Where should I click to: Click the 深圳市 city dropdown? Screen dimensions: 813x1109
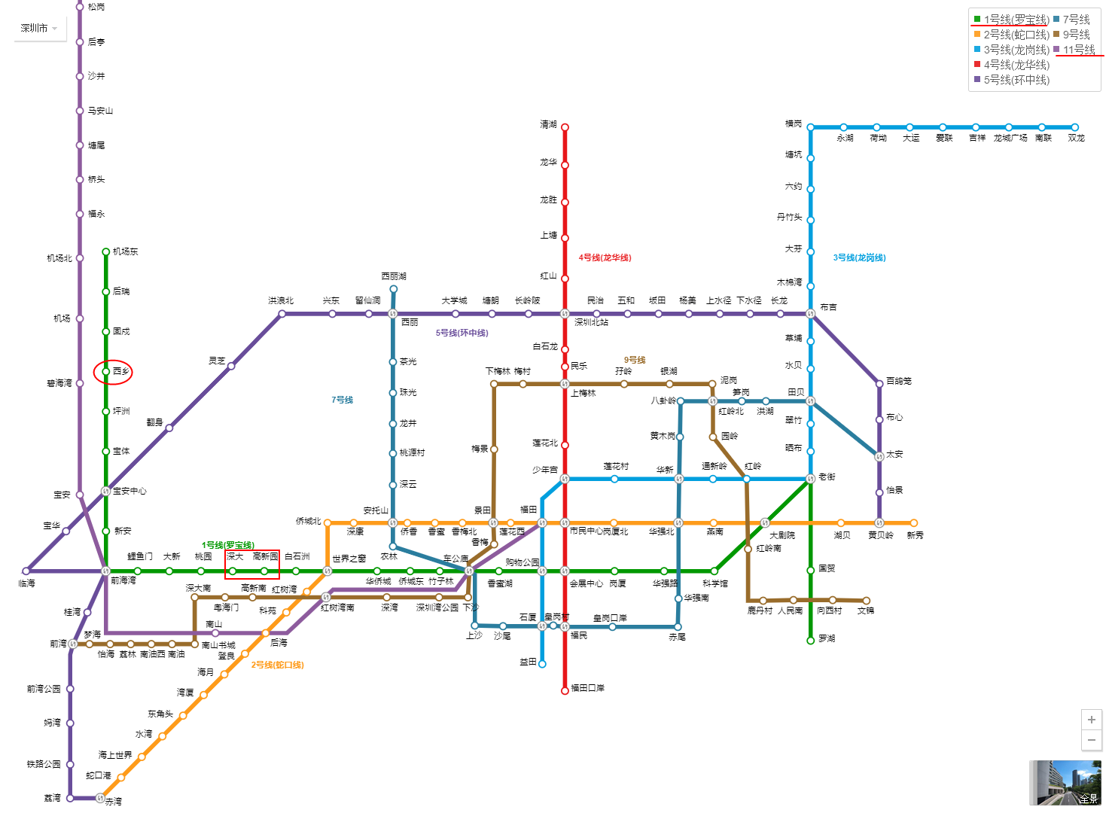[39, 29]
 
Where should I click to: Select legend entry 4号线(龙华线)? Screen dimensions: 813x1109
[1016, 65]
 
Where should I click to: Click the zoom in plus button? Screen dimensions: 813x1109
[1092, 720]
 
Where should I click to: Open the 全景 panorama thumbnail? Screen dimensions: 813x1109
[1065, 783]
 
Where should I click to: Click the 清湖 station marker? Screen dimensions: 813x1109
[565, 127]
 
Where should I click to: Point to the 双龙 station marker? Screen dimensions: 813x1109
[1074, 127]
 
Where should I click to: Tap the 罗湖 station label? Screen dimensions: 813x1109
[827, 638]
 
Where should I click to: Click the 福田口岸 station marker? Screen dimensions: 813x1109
[565, 690]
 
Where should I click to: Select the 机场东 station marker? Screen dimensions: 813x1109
[106, 252]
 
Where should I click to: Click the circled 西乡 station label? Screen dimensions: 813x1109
[121, 371]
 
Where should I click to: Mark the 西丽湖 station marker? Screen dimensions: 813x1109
[393, 289]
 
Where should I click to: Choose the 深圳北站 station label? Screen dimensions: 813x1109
[591, 322]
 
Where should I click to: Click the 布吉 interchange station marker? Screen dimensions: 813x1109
[811, 313]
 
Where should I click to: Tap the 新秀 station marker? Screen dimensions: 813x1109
[913, 522]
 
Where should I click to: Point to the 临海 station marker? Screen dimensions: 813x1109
[26, 571]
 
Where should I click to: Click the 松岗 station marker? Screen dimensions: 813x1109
[80, 7]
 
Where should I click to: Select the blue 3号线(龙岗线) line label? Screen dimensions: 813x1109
[859, 257]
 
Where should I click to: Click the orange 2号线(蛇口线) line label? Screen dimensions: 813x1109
[277, 665]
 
